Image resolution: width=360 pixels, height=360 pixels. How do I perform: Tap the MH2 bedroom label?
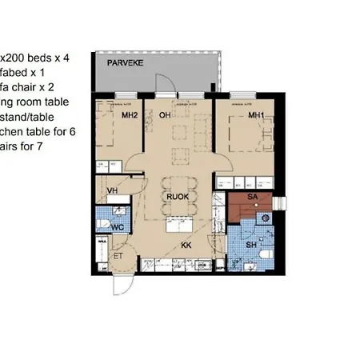(130, 115)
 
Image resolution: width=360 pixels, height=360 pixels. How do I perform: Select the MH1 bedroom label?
(256, 115)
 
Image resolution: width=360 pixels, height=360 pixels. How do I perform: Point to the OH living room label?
(165, 115)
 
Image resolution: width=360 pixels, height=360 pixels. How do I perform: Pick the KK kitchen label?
(186, 245)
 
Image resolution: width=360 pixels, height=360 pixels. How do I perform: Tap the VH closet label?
(112, 191)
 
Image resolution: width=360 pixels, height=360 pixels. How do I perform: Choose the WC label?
(117, 227)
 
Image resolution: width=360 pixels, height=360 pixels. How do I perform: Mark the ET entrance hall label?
(118, 257)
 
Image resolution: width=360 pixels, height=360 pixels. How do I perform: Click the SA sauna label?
(252, 196)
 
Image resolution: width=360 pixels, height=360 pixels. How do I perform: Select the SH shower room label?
(250, 244)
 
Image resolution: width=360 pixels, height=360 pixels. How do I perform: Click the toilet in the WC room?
(102, 222)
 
